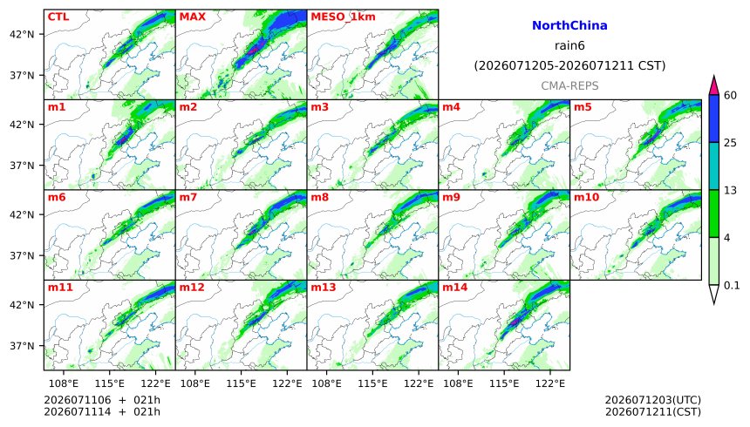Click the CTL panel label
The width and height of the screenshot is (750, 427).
click(58, 17)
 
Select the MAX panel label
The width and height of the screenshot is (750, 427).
click(192, 17)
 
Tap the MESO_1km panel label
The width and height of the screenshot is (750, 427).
click(343, 17)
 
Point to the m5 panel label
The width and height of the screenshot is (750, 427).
click(583, 107)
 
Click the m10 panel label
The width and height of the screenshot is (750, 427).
click(586, 197)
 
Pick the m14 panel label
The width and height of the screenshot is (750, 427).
click(454, 288)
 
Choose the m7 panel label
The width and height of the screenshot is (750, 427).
click(188, 197)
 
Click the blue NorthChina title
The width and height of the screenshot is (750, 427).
click(569, 26)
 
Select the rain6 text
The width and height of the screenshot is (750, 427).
click(569, 45)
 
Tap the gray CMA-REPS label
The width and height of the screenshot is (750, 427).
click(569, 85)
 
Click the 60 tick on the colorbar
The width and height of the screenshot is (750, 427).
click(730, 95)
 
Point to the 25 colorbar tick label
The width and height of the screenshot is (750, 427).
click(730, 143)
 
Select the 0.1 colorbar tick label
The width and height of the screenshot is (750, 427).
click(732, 286)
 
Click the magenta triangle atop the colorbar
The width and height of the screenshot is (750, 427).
click(714, 85)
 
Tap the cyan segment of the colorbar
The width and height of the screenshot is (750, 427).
click(714, 166)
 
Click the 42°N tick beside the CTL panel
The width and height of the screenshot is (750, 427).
click(22, 35)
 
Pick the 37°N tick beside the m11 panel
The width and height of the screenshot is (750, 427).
click(22, 346)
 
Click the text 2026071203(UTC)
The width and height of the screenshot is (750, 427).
click(653, 400)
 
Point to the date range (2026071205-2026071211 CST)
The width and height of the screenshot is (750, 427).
click(569, 65)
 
